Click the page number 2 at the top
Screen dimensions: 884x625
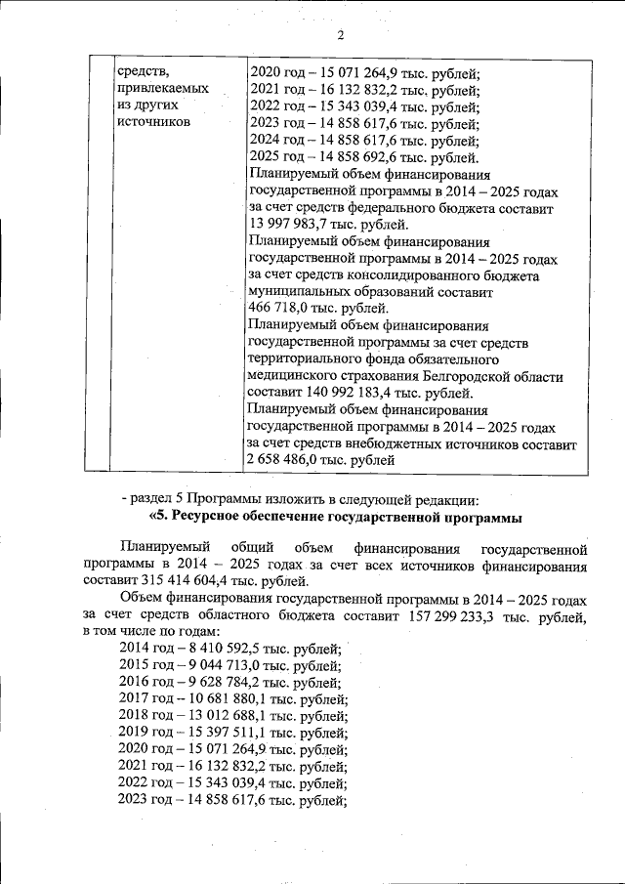click(x=341, y=37)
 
